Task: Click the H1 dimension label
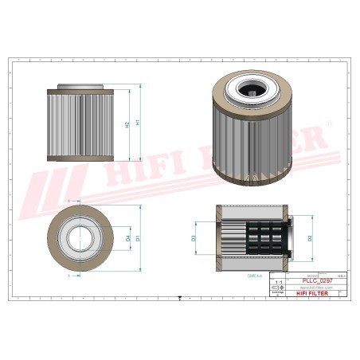[139, 123]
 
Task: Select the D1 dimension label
[139, 237]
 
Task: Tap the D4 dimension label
[127, 237]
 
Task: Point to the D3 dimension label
[194, 237]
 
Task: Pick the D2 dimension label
[310, 237]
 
